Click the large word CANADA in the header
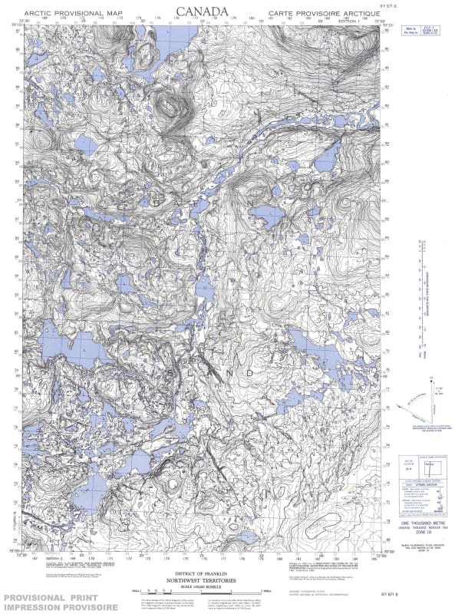point(203,12)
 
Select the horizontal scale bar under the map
point(203,593)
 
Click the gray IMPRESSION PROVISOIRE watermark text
point(59,607)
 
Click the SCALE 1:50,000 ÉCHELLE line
point(203,588)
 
